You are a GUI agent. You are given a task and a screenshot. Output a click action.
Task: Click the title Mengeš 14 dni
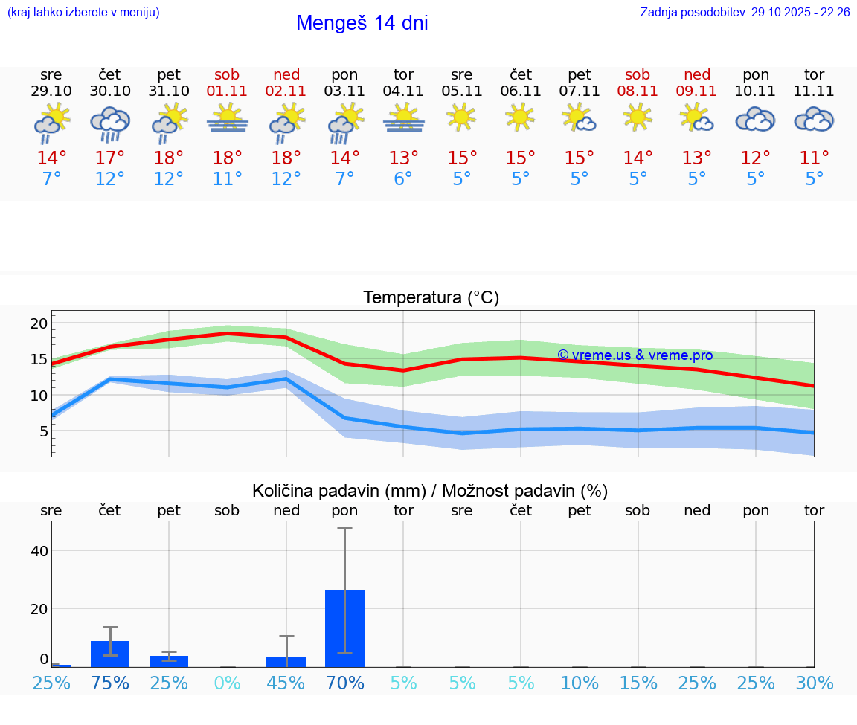tap(362, 23)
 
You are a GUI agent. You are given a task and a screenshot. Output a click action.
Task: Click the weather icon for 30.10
tap(110, 123)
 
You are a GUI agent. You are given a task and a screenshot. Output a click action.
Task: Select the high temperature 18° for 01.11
tap(228, 158)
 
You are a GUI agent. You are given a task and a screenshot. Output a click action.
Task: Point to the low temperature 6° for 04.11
tap(403, 179)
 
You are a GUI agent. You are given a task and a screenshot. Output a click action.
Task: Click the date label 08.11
tap(638, 91)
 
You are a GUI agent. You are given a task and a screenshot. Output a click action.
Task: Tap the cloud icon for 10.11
tap(755, 120)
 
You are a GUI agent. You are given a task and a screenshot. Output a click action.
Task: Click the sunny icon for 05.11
tap(461, 117)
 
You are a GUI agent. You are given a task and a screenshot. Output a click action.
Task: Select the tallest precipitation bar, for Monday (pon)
tap(344, 628)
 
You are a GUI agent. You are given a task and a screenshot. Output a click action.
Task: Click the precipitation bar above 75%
tap(110, 654)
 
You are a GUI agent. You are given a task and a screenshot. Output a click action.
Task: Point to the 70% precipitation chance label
tap(344, 683)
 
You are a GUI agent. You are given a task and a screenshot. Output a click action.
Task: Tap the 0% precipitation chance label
tap(228, 683)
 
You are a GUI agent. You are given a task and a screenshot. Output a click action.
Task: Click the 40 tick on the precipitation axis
tap(39, 551)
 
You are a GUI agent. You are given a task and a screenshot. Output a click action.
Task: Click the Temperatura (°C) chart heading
tap(431, 298)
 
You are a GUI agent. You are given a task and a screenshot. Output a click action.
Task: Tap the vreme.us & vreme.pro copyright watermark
tap(635, 355)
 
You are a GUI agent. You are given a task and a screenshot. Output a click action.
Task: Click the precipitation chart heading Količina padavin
tap(429, 491)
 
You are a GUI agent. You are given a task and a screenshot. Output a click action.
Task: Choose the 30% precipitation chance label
tap(814, 683)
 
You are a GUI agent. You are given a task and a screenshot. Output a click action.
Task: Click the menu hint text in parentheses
tap(83, 13)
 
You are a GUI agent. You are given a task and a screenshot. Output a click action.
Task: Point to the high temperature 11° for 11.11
tap(814, 158)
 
